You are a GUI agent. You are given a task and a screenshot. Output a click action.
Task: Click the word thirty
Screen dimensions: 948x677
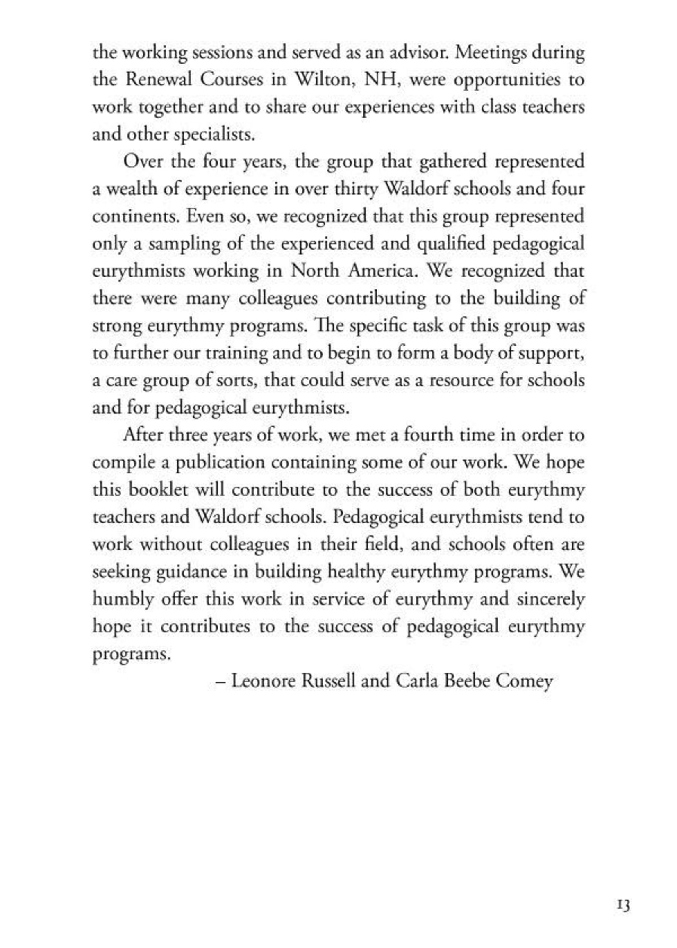click(356, 189)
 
